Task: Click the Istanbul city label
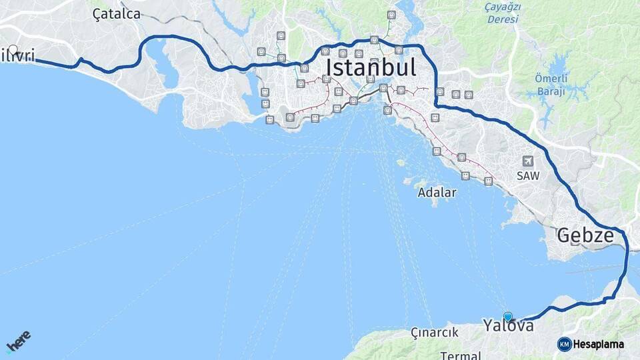point(371,67)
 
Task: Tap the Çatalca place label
point(117,14)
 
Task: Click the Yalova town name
point(508,326)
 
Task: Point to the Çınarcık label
point(434,332)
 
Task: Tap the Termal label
point(461,355)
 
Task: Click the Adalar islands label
point(437,193)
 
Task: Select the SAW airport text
point(528,175)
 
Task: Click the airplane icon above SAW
point(528,161)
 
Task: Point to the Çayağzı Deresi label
point(503,13)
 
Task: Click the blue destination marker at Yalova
point(508,317)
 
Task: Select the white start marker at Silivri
point(13,49)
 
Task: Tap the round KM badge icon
point(564,344)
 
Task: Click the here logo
point(18,342)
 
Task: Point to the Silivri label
point(17,56)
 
